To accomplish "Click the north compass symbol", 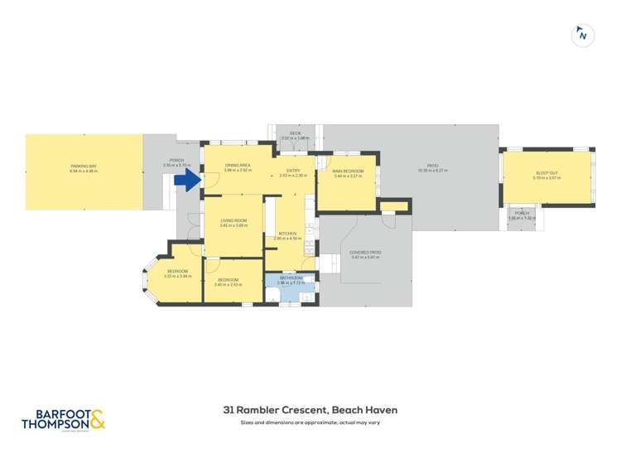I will point(583,35).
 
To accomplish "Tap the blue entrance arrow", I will point(190,180).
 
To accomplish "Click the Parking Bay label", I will point(84,168).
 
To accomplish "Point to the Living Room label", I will point(234,224).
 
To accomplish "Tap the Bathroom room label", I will point(290,279).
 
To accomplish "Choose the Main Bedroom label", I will point(349,173).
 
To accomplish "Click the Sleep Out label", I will point(547,175).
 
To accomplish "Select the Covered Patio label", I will point(365,253).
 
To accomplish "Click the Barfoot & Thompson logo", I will point(64,418).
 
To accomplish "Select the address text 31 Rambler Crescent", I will point(310,409).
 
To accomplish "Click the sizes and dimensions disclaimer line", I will point(310,422).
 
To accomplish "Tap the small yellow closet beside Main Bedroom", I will point(394,205).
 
